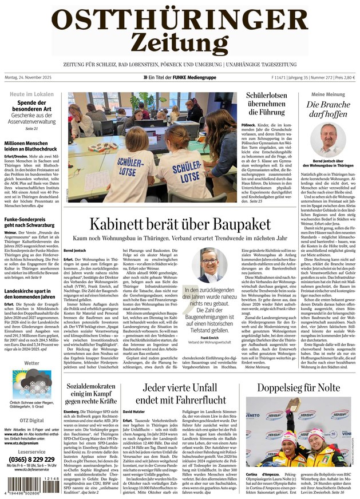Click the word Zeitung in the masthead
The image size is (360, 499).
coord(180,42)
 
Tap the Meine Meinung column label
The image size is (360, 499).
coord(328,94)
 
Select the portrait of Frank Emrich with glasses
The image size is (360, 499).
coord(209,264)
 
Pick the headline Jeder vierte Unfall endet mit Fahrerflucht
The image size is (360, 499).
coord(180,393)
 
